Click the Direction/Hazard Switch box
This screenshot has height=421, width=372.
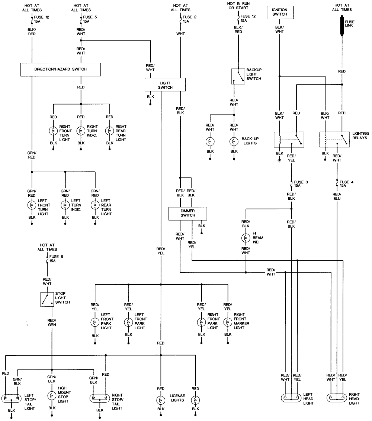61,69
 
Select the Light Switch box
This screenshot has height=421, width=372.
165,85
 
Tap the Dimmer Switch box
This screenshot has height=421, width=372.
188,213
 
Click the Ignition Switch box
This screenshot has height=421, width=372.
280,12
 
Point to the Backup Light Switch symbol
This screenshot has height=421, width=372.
238,76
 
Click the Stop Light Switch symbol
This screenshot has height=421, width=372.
46,299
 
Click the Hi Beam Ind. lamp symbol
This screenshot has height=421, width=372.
246,238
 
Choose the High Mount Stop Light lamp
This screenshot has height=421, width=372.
52,395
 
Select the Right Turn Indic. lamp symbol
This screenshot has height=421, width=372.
81,131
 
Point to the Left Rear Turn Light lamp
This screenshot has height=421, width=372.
95,205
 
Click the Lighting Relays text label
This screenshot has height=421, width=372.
361,136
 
